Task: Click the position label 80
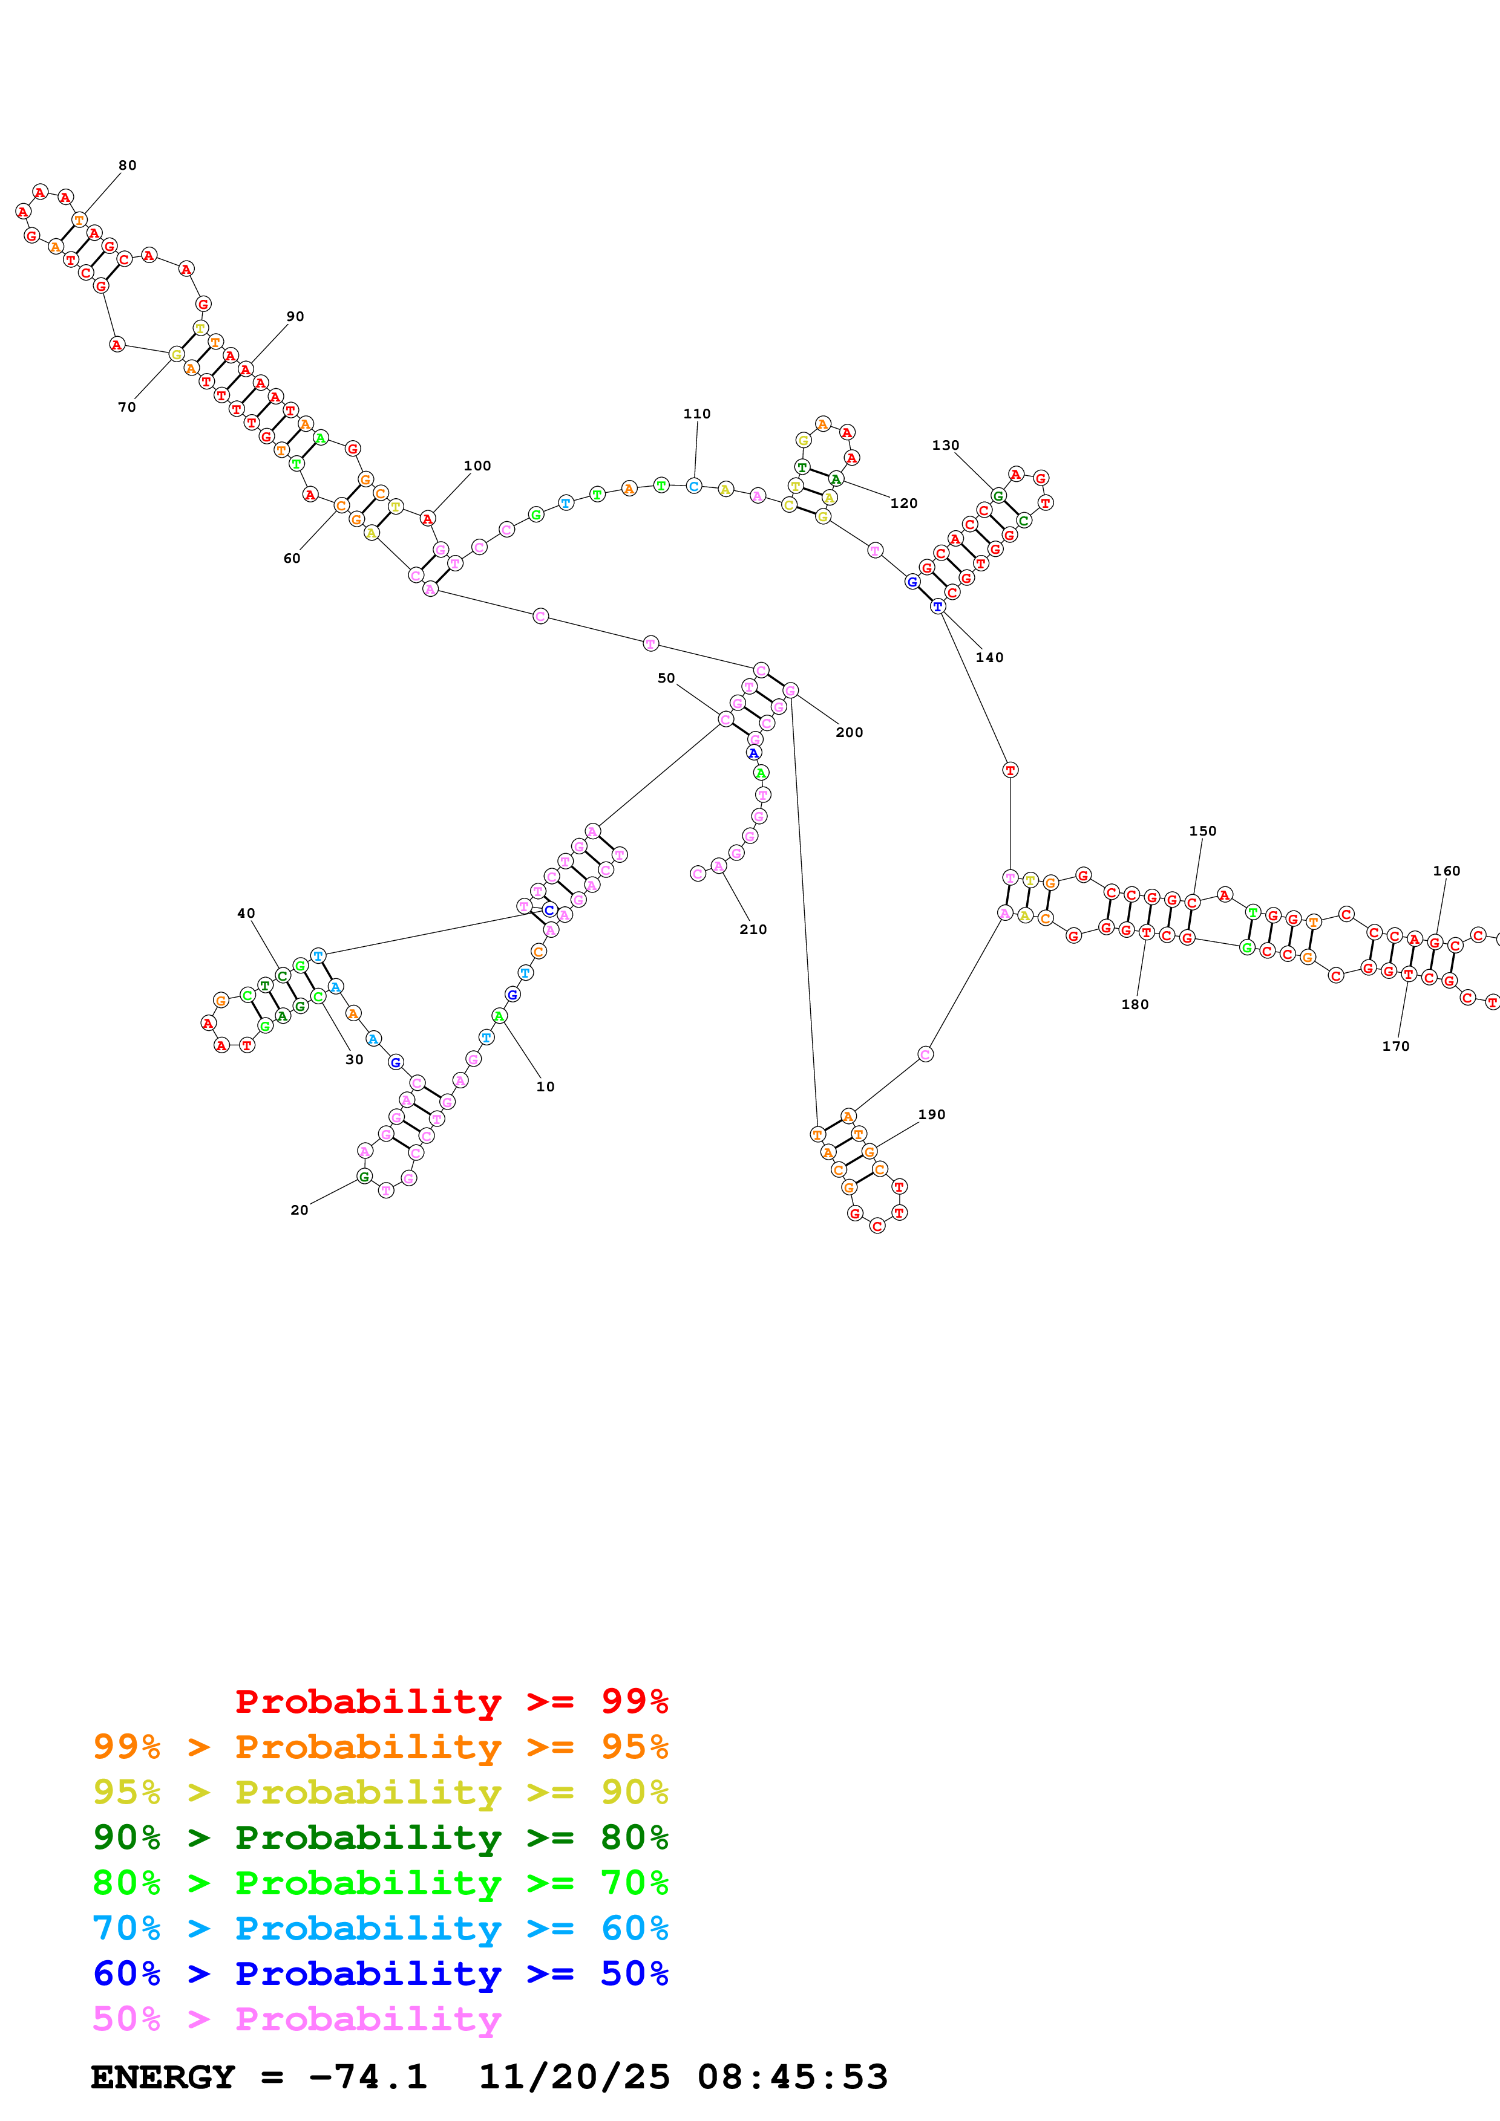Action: [128, 165]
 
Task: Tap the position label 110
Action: [697, 414]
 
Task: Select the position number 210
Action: [753, 929]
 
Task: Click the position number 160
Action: [1446, 871]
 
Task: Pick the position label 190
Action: [932, 1115]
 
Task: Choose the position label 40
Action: [246, 914]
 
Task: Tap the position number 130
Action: [946, 445]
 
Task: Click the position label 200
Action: [850, 733]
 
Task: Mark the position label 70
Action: [126, 408]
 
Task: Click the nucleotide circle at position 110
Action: [694, 486]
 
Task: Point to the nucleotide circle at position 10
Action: [499, 1016]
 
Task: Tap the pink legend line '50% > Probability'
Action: [296, 2019]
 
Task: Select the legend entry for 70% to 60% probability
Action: [380, 1929]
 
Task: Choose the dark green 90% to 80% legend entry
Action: [380, 1837]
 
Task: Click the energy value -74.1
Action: [368, 2077]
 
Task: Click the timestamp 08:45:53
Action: [792, 2077]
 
